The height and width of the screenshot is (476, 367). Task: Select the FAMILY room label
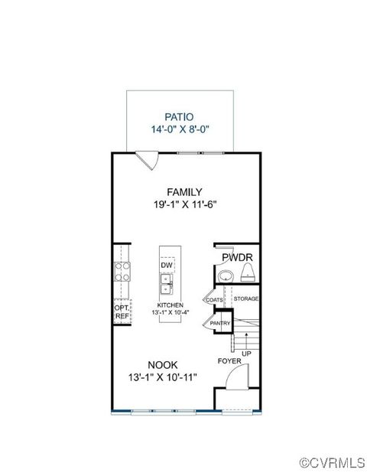click(x=184, y=192)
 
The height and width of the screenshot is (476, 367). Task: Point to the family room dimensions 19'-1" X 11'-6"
click(x=184, y=205)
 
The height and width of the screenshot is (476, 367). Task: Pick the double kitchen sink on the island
click(x=166, y=285)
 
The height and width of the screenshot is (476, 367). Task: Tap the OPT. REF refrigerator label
click(x=121, y=311)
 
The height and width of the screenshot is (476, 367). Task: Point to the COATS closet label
click(x=214, y=299)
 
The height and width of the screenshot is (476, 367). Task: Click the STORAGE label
click(x=246, y=298)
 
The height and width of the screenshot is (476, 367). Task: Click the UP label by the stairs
click(x=246, y=354)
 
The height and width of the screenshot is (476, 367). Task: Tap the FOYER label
click(x=229, y=360)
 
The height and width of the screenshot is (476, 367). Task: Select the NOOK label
click(x=163, y=364)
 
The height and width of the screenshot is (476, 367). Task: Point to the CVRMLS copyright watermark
click(x=331, y=463)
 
